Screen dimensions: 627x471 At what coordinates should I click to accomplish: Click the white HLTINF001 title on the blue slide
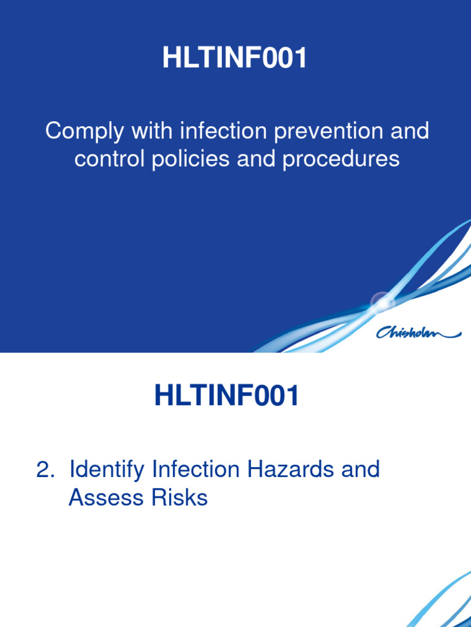pyautogui.click(x=235, y=59)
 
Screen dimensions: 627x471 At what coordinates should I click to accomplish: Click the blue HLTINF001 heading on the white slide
pyautogui.click(x=227, y=396)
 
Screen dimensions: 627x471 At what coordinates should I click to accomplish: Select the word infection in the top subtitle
pyautogui.click(x=222, y=131)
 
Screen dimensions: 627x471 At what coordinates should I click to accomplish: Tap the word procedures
pyautogui.click(x=341, y=159)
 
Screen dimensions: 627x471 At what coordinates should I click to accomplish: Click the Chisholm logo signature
pyautogui.click(x=418, y=332)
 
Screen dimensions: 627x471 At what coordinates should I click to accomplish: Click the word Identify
pyautogui.click(x=107, y=470)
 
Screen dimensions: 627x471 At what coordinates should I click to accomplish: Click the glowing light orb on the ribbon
pyautogui.click(x=383, y=301)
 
